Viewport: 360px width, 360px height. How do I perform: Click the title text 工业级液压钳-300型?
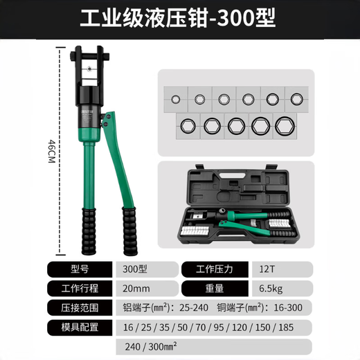[x=180, y=19]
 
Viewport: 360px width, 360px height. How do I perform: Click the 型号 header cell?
[x=80, y=269]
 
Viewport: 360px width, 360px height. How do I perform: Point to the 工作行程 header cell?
[x=80, y=288]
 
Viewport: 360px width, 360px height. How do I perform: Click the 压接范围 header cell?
[x=80, y=307]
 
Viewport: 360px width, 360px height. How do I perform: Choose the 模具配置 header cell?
[x=80, y=326]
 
